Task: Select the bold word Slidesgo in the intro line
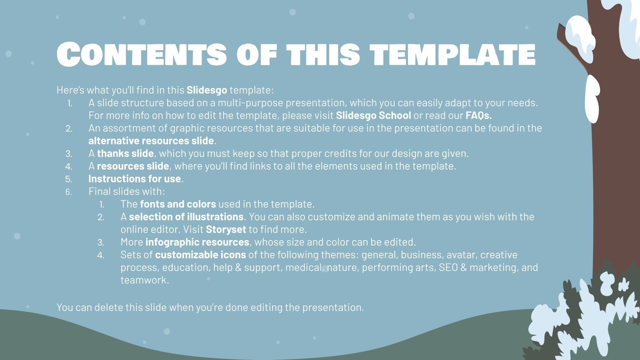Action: coord(207,90)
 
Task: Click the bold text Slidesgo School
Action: coord(373,116)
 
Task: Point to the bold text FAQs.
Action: coord(478,116)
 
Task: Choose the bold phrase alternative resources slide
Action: coord(151,141)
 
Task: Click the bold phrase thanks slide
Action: coord(125,154)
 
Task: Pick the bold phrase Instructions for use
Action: coord(134,179)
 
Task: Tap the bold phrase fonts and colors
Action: coord(178,204)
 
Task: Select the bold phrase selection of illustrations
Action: coord(186,217)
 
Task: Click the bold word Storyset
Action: coord(226,230)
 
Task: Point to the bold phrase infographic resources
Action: coord(197,242)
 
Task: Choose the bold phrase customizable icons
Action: coord(200,255)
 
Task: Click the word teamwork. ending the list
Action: coord(145,280)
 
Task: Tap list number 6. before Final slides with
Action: coord(69,192)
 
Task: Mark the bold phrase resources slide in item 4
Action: coord(133,166)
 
